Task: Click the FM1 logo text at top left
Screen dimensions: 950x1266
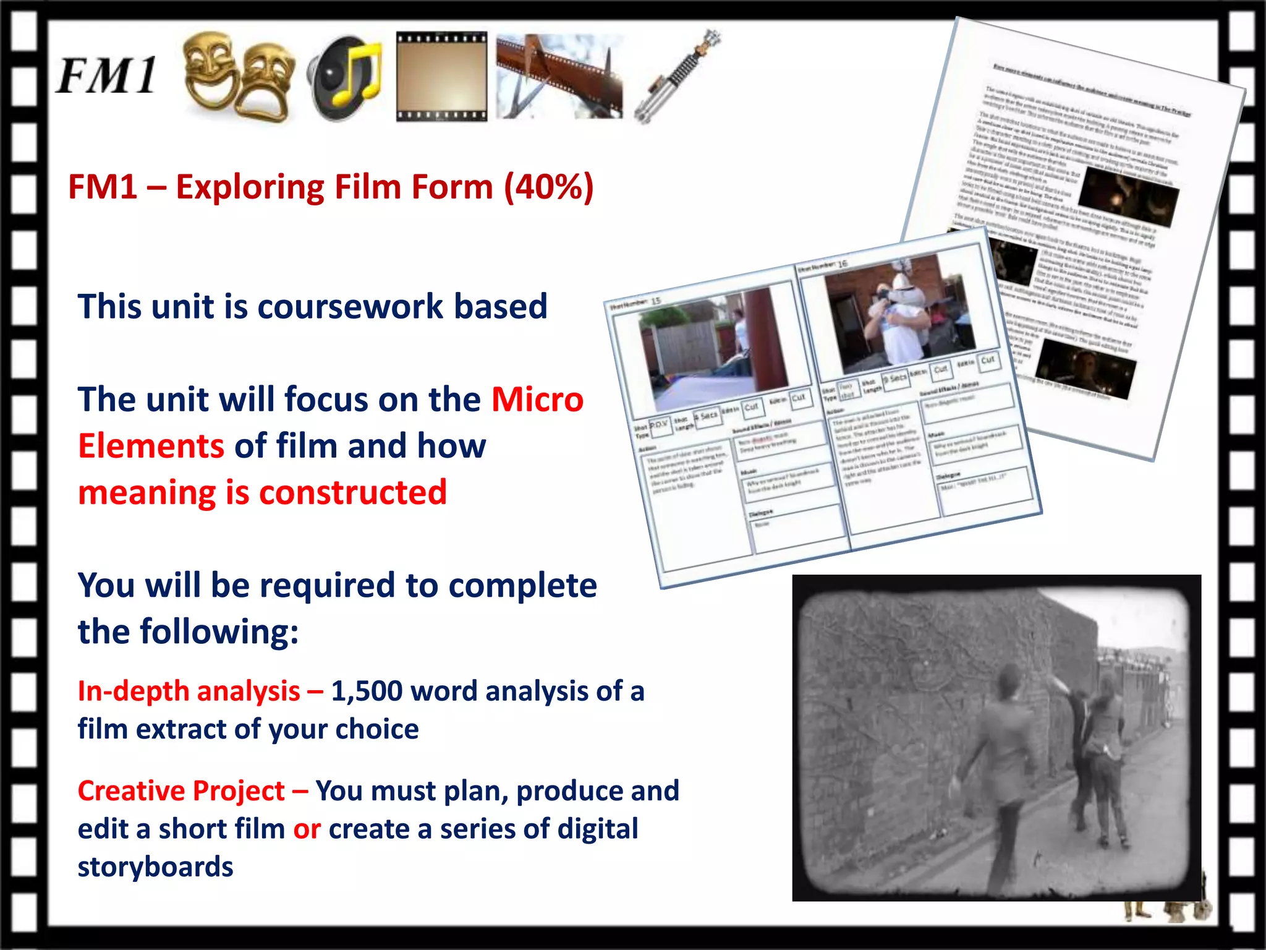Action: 106,76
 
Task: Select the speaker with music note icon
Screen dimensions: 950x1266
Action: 345,78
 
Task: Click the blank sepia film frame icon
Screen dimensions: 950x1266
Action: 441,76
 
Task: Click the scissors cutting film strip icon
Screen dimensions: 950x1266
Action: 559,76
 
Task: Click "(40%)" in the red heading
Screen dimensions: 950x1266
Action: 549,187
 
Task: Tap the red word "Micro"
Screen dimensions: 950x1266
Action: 537,400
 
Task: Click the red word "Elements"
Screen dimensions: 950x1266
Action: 151,446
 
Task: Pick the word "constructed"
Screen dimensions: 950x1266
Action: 353,493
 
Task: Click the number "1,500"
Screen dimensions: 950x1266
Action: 367,691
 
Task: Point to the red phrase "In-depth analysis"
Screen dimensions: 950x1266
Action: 189,691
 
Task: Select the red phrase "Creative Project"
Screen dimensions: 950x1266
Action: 181,791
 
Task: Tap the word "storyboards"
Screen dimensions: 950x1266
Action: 155,867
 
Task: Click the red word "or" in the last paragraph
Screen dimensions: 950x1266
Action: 307,829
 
